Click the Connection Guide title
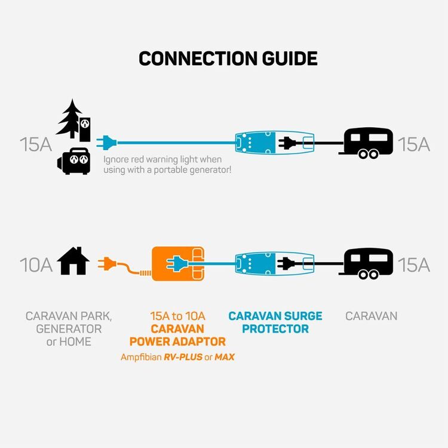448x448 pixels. pos(228,59)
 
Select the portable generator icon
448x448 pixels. pos(73,161)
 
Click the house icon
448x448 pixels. pos(73,262)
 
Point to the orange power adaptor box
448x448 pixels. pos(177,263)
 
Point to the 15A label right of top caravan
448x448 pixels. pos(413,145)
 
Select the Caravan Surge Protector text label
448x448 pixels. pos(275,322)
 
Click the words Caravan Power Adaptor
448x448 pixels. pos(177,335)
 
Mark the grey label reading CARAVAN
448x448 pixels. pos(371,316)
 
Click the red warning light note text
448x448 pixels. pos(167,165)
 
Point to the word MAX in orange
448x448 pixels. pos(225,357)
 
